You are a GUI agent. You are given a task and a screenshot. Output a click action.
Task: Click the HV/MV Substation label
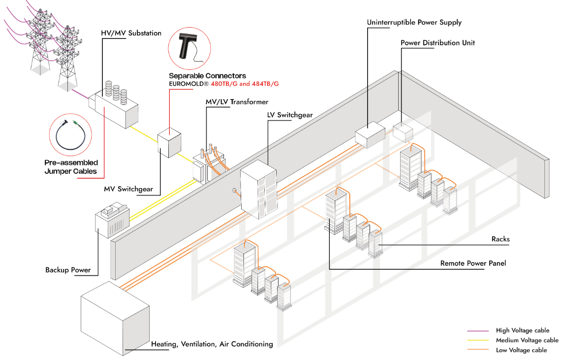[x=131, y=33]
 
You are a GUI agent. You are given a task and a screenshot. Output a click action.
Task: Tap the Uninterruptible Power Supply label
[x=414, y=23]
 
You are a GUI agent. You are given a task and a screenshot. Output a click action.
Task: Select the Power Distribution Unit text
[x=438, y=43]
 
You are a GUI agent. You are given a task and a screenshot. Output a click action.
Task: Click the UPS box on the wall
[x=370, y=134]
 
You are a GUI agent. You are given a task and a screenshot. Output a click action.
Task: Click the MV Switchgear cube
[x=169, y=142]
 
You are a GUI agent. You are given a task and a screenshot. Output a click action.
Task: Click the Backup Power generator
[x=112, y=222]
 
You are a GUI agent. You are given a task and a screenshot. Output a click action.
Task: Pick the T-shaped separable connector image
[x=189, y=45]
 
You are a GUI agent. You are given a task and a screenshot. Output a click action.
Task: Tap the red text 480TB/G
[x=224, y=84]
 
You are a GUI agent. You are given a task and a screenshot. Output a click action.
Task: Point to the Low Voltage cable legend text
[x=521, y=350]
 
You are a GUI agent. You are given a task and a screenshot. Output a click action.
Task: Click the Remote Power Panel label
[x=473, y=263]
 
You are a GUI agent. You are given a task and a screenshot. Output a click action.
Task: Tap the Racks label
[x=501, y=239]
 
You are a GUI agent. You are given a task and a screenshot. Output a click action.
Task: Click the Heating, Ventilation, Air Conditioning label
[x=212, y=344]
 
